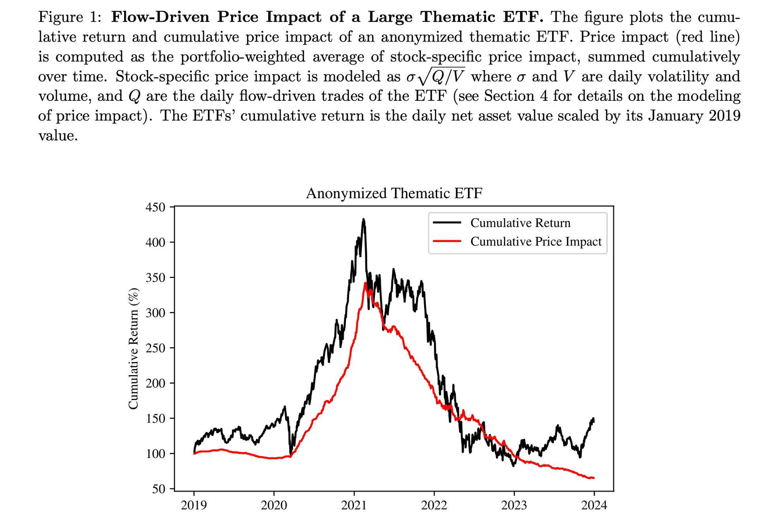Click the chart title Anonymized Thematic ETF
(394, 193)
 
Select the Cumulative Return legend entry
(520, 223)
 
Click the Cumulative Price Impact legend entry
(536, 242)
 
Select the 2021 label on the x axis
(354, 505)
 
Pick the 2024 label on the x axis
(594, 505)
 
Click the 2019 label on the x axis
(194, 505)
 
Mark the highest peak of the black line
(363, 219)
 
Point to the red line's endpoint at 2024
(594, 478)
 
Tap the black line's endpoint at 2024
(593, 420)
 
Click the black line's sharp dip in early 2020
(291, 454)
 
